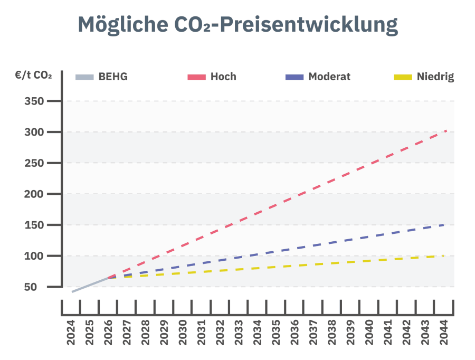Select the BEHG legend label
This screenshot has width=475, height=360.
[x=113, y=77]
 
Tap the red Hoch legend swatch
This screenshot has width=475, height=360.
[x=196, y=77]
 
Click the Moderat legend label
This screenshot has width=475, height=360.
[x=329, y=77]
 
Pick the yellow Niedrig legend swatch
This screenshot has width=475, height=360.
[x=403, y=77]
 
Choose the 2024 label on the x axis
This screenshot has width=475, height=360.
[x=71, y=333]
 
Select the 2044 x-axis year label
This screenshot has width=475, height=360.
[x=443, y=333]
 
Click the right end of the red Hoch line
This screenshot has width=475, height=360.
[x=445, y=130]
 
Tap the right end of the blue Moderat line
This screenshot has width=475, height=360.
[x=444, y=225]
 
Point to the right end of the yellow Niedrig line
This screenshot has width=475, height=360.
[x=443, y=256]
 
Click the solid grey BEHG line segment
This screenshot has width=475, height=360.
[x=90, y=285]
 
